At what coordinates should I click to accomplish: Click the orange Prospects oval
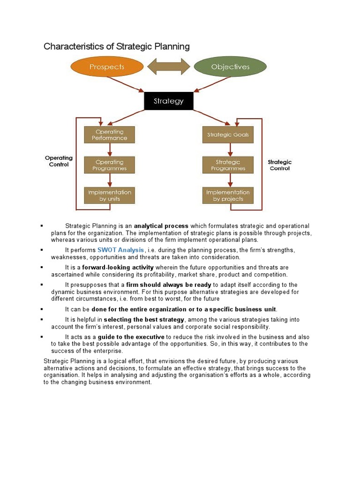pyautogui.click(x=106, y=67)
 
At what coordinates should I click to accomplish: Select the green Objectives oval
pyautogui.click(x=230, y=67)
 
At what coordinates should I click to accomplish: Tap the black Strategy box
pyautogui.click(x=168, y=101)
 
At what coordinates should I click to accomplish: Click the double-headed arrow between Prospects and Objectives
pyautogui.click(x=168, y=67)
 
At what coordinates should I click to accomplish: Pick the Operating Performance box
pyautogui.click(x=109, y=135)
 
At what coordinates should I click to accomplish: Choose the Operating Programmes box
pyautogui.click(x=109, y=165)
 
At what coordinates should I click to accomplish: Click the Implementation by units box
pyautogui.click(x=109, y=195)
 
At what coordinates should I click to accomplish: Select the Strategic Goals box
pyautogui.click(x=228, y=135)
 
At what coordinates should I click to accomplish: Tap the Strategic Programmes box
pyautogui.click(x=228, y=165)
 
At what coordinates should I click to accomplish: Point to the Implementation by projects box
pyautogui.click(x=228, y=195)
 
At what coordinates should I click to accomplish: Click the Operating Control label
pyautogui.click(x=59, y=161)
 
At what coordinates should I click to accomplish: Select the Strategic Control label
pyautogui.click(x=279, y=165)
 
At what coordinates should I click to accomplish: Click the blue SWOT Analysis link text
pyautogui.click(x=121, y=250)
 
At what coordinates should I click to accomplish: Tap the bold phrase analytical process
pyautogui.click(x=161, y=226)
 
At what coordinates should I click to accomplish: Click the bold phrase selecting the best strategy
pyautogui.click(x=144, y=320)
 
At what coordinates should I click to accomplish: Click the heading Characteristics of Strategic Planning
pyautogui.click(x=117, y=46)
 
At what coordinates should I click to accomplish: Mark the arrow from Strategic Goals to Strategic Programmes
pyautogui.click(x=230, y=150)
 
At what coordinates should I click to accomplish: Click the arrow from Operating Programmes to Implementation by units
pyautogui.click(x=110, y=180)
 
